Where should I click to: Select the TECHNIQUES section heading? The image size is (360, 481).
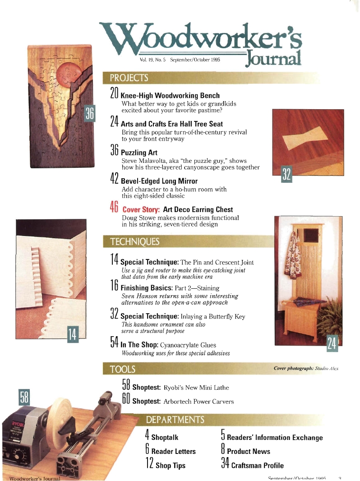click(135, 241)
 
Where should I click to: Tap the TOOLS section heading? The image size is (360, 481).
click(123, 369)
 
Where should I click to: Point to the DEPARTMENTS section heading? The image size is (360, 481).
click(175, 420)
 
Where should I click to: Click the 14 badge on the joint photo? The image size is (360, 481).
click(72, 334)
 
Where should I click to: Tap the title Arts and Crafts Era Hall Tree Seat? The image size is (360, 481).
click(172, 124)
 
